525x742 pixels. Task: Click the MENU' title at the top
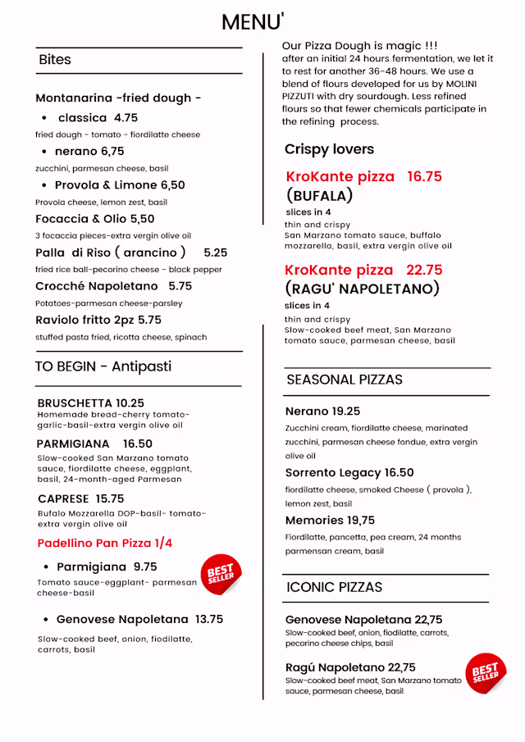tap(253, 22)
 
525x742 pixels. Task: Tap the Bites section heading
tap(55, 60)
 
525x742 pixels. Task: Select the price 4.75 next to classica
tap(126, 118)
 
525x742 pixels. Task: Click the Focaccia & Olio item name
tap(95, 219)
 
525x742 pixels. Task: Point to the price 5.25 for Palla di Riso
tap(216, 253)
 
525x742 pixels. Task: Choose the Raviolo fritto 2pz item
tap(98, 320)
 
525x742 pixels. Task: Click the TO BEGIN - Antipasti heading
tap(103, 366)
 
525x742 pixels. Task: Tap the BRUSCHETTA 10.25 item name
tap(91, 403)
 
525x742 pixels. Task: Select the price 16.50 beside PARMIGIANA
tap(138, 444)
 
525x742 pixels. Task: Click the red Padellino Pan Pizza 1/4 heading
tap(105, 543)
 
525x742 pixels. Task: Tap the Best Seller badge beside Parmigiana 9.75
tap(221, 574)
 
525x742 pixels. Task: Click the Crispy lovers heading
tap(329, 149)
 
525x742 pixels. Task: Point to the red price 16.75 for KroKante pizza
tap(424, 176)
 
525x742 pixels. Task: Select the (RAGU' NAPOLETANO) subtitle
tap(363, 289)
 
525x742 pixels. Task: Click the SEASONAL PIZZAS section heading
tap(345, 380)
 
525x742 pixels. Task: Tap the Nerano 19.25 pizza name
tap(322, 412)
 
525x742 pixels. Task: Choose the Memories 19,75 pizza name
tap(330, 521)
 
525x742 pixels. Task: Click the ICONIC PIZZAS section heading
tap(334, 587)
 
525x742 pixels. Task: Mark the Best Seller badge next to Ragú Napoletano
tap(486, 673)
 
